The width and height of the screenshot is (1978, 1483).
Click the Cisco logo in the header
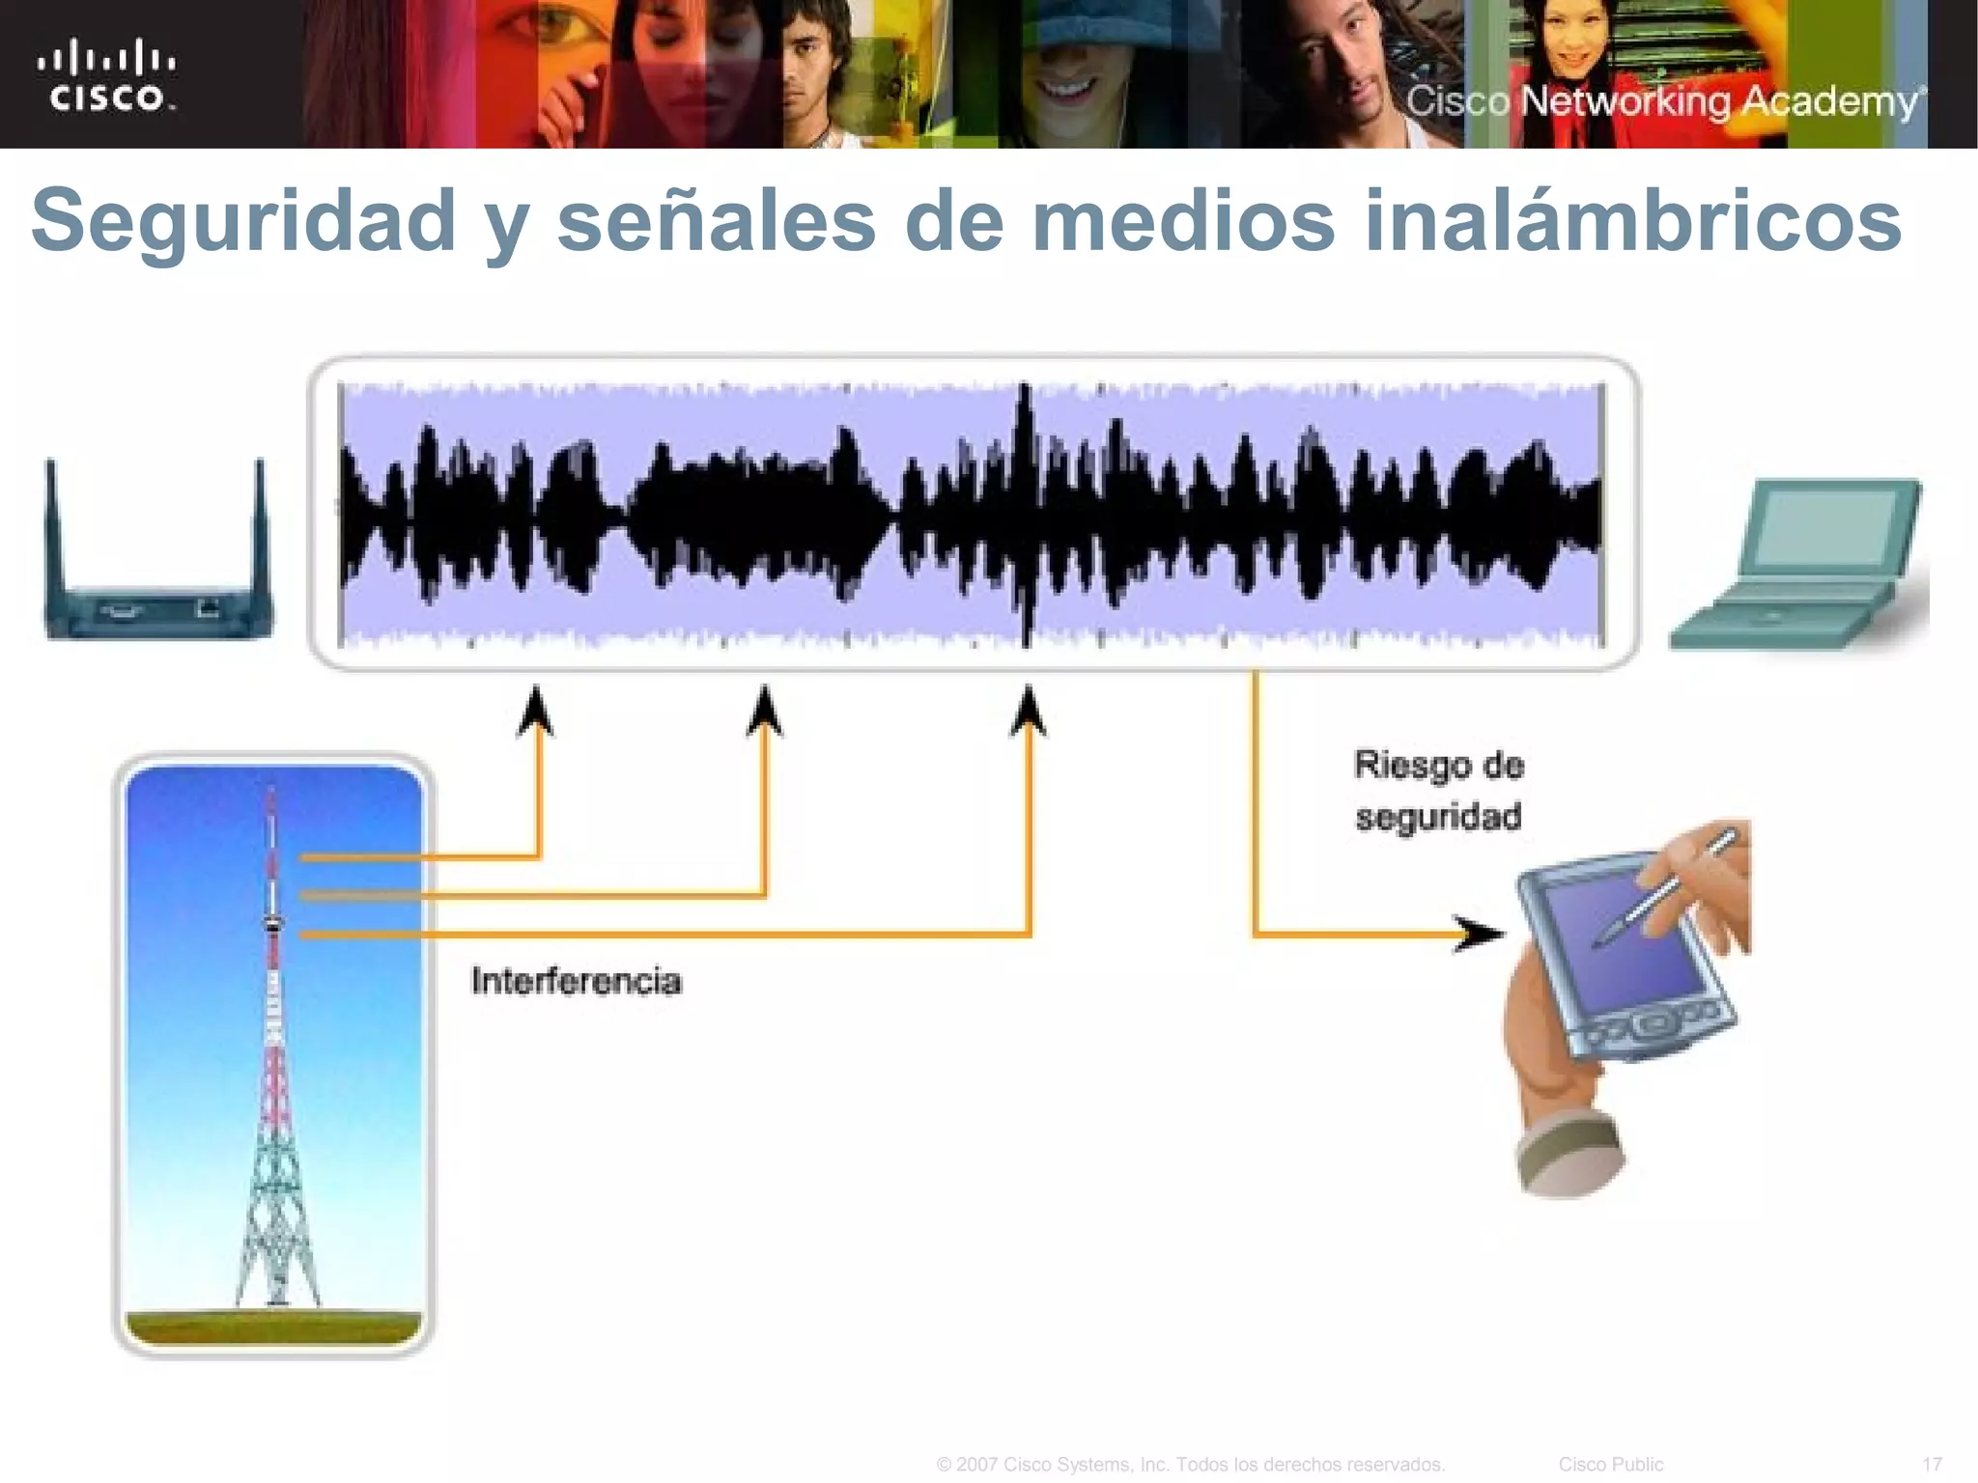106,75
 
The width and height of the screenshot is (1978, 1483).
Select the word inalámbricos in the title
1632,220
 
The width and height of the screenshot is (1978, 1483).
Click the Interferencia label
577,981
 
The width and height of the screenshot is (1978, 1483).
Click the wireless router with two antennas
159,579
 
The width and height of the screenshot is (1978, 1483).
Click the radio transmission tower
273,1052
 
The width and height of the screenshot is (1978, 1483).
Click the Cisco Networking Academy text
1663,101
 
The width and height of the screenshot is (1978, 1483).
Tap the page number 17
1932,1464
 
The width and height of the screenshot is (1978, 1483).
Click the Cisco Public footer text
1610,1464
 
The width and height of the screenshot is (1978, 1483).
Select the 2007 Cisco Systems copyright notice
1190,1464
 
